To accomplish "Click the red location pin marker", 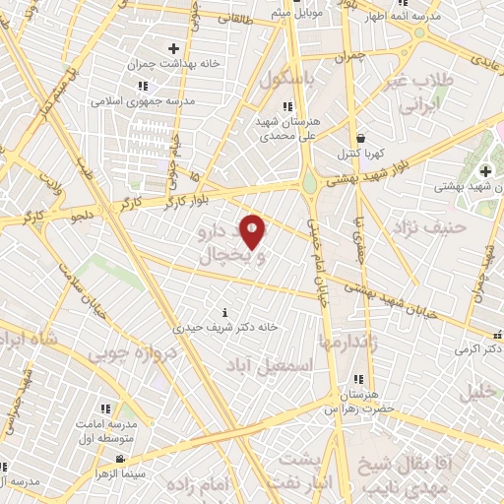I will click(x=253, y=230).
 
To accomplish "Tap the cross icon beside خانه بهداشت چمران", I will click(x=174, y=47).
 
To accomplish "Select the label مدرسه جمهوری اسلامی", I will click(x=143, y=100).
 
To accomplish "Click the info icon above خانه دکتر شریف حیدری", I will click(x=227, y=312).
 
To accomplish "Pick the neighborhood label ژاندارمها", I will click(x=349, y=341).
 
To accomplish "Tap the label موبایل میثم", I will click(x=296, y=12).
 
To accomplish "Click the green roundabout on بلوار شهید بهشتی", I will click(x=309, y=182).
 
